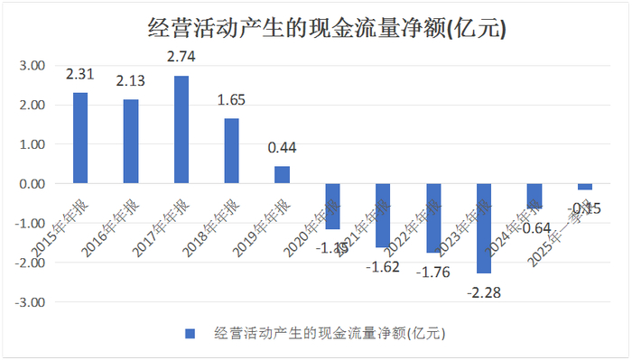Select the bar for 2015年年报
[80, 138]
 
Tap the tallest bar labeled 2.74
[181, 130]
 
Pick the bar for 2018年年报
[232, 151]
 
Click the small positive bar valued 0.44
[283, 175]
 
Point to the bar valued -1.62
[384, 216]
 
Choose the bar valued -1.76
[433, 218]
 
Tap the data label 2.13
[131, 82]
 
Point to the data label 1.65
[232, 100]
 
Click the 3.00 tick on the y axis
[33, 66]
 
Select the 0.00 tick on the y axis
[33, 184]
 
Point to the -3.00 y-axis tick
[32, 302]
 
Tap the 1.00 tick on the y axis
[33, 144]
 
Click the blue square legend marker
[190, 334]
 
